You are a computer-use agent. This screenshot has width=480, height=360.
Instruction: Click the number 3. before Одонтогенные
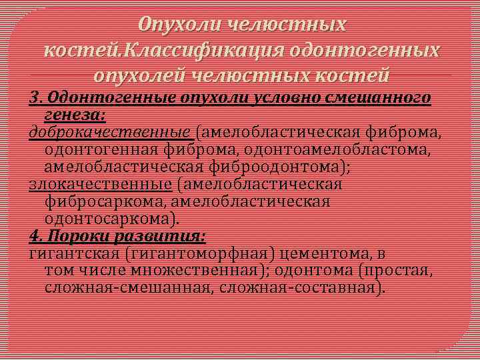point(36,98)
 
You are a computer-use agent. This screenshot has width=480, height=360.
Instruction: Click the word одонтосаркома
point(110,218)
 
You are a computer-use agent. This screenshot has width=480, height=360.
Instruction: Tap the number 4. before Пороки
point(36,236)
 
